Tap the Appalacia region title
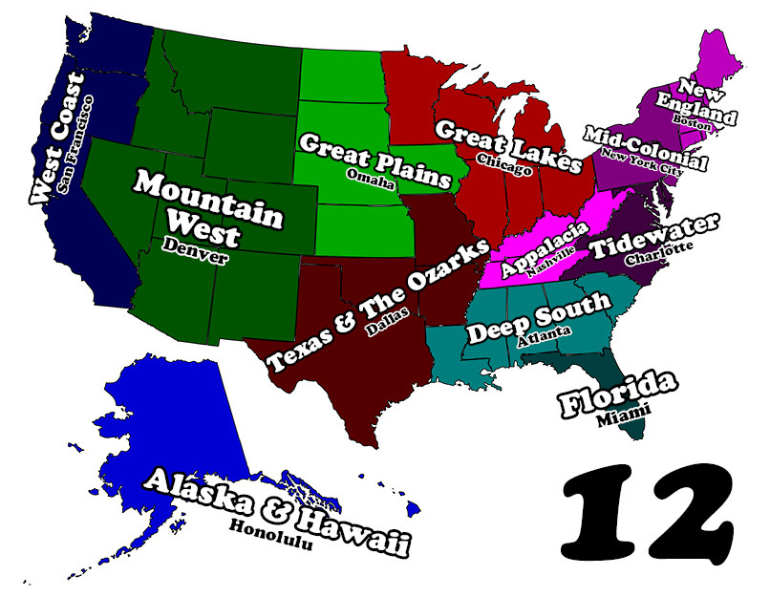539,245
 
